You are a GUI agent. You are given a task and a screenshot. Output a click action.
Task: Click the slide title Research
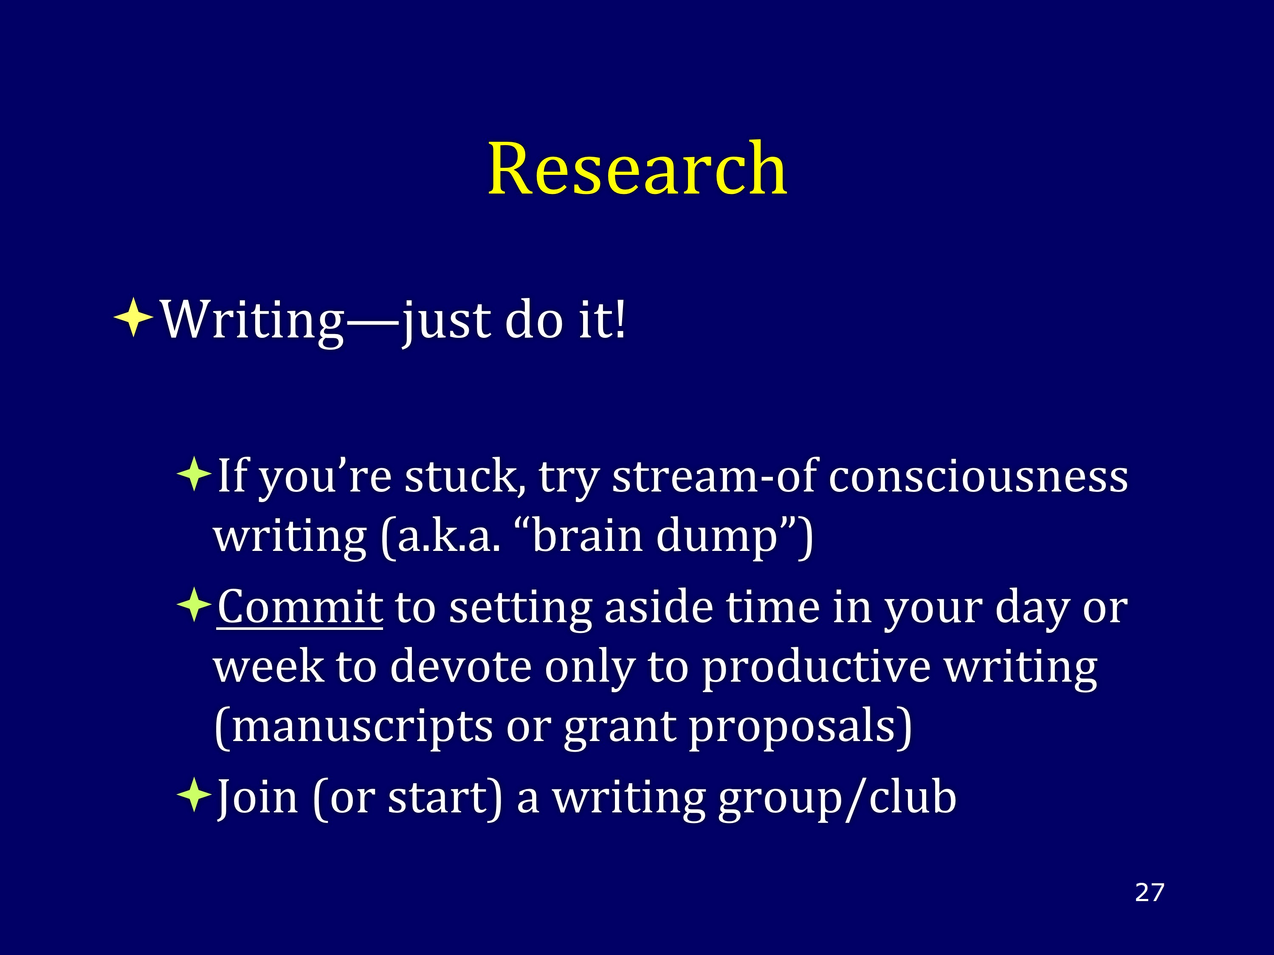tap(637, 168)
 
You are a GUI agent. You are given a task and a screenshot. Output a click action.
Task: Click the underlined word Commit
tap(300, 607)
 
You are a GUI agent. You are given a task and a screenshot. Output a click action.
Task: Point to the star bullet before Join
tap(194, 795)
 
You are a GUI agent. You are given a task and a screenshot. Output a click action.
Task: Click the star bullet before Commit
tap(194, 604)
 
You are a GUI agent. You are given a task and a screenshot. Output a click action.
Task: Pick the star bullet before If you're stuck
tap(194, 474)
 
